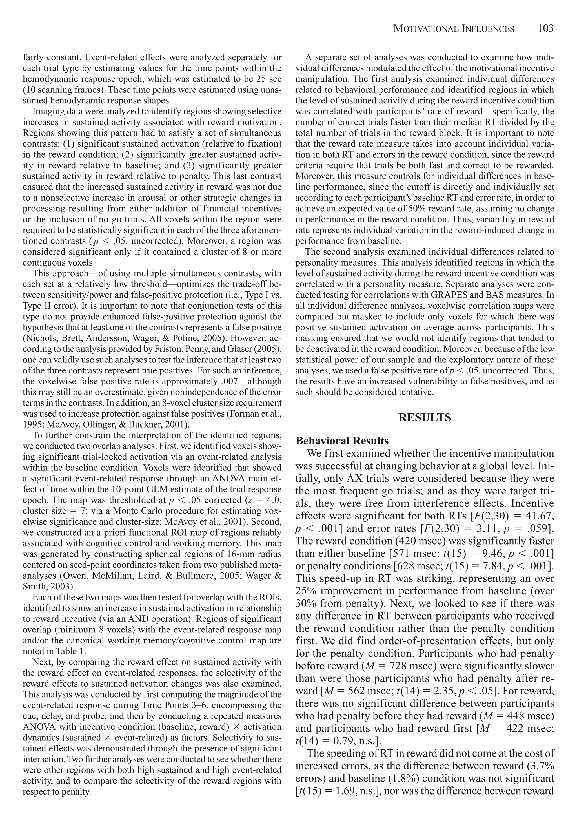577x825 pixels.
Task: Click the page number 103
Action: point(546,28)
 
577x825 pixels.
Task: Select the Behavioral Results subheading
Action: point(342,441)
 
